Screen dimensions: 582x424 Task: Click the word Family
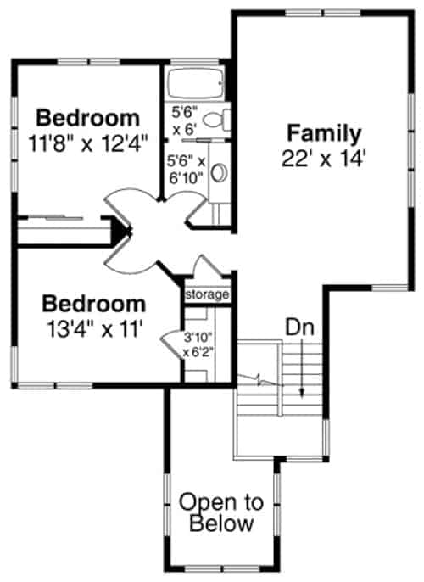point(324,133)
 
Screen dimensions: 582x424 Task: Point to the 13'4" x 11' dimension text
point(94,328)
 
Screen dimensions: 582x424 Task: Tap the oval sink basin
point(217,173)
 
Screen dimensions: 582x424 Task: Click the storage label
point(208,294)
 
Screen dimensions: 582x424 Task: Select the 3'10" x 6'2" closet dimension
point(198,344)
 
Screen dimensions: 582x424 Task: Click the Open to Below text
point(220,512)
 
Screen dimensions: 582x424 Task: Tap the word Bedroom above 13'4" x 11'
point(94,304)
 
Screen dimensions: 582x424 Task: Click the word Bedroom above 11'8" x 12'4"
point(88,117)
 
